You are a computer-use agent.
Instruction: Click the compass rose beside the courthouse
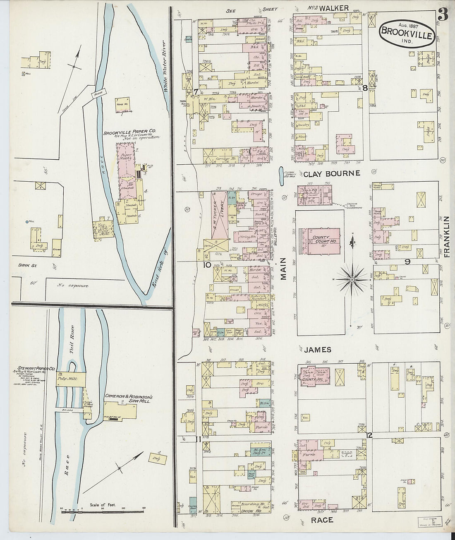pos(352,280)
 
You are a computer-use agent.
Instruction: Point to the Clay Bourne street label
pos(331,174)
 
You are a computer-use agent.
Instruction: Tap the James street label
pos(318,350)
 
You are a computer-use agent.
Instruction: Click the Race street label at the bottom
pos(321,520)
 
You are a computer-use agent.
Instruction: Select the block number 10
pos(207,265)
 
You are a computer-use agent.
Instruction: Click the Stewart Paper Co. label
pos(36,368)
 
